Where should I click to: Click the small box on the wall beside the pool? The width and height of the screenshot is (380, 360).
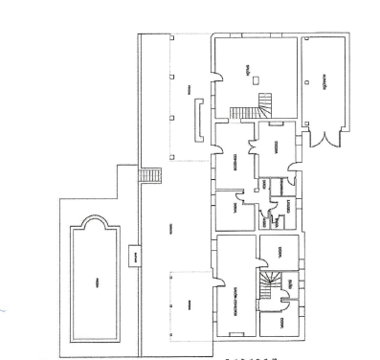point(135,257)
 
